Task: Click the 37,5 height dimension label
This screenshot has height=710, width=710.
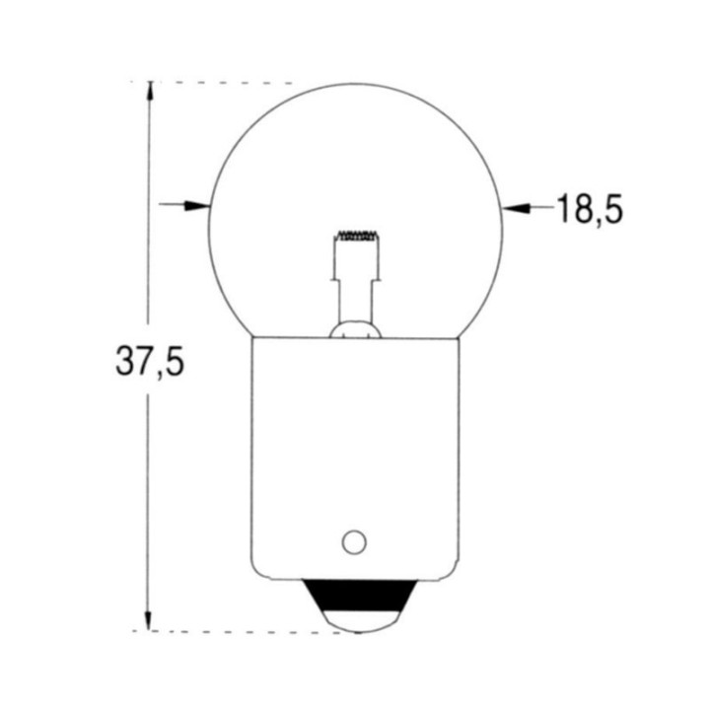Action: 149,362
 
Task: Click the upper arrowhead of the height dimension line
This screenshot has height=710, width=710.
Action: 149,92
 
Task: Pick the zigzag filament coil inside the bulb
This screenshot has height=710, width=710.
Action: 356,237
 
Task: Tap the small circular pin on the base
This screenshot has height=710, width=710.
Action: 354,541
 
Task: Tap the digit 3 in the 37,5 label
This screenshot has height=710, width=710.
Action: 124,362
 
